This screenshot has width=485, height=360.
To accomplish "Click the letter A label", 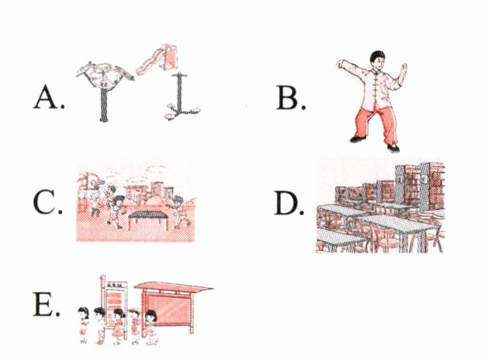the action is (x=48, y=97).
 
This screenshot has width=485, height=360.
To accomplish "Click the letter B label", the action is (x=291, y=98).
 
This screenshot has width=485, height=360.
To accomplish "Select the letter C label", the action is (x=48, y=202).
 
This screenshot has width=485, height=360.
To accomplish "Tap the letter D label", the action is (x=289, y=202).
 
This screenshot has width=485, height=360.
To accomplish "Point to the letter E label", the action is (x=46, y=304).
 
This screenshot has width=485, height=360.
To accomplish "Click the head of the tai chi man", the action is (x=378, y=60).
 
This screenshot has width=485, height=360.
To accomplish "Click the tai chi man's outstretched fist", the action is (x=340, y=64).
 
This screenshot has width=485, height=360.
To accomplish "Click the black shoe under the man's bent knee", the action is (x=358, y=139).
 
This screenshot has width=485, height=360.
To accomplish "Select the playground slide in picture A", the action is (x=157, y=59).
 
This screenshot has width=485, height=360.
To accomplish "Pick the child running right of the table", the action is (x=180, y=212).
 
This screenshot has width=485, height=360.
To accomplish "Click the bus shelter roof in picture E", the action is (x=174, y=286).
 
